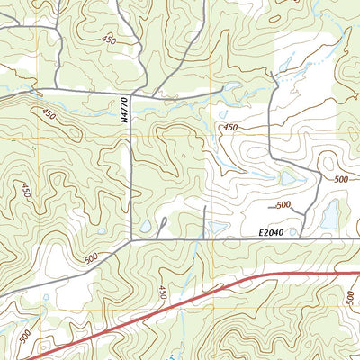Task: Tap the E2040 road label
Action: (x=270, y=233)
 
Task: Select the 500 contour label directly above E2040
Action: (x=283, y=206)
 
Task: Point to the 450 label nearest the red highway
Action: (x=163, y=292)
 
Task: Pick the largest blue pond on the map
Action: (x=329, y=214)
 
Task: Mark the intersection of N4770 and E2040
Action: (x=132, y=240)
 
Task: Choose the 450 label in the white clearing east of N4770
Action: (x=231, y=129)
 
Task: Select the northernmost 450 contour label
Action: (x=110, y=40)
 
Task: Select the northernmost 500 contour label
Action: (x=341, y=179)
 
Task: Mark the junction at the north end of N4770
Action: (x=132, y=93)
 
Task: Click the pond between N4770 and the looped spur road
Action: (x=145, y=225)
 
